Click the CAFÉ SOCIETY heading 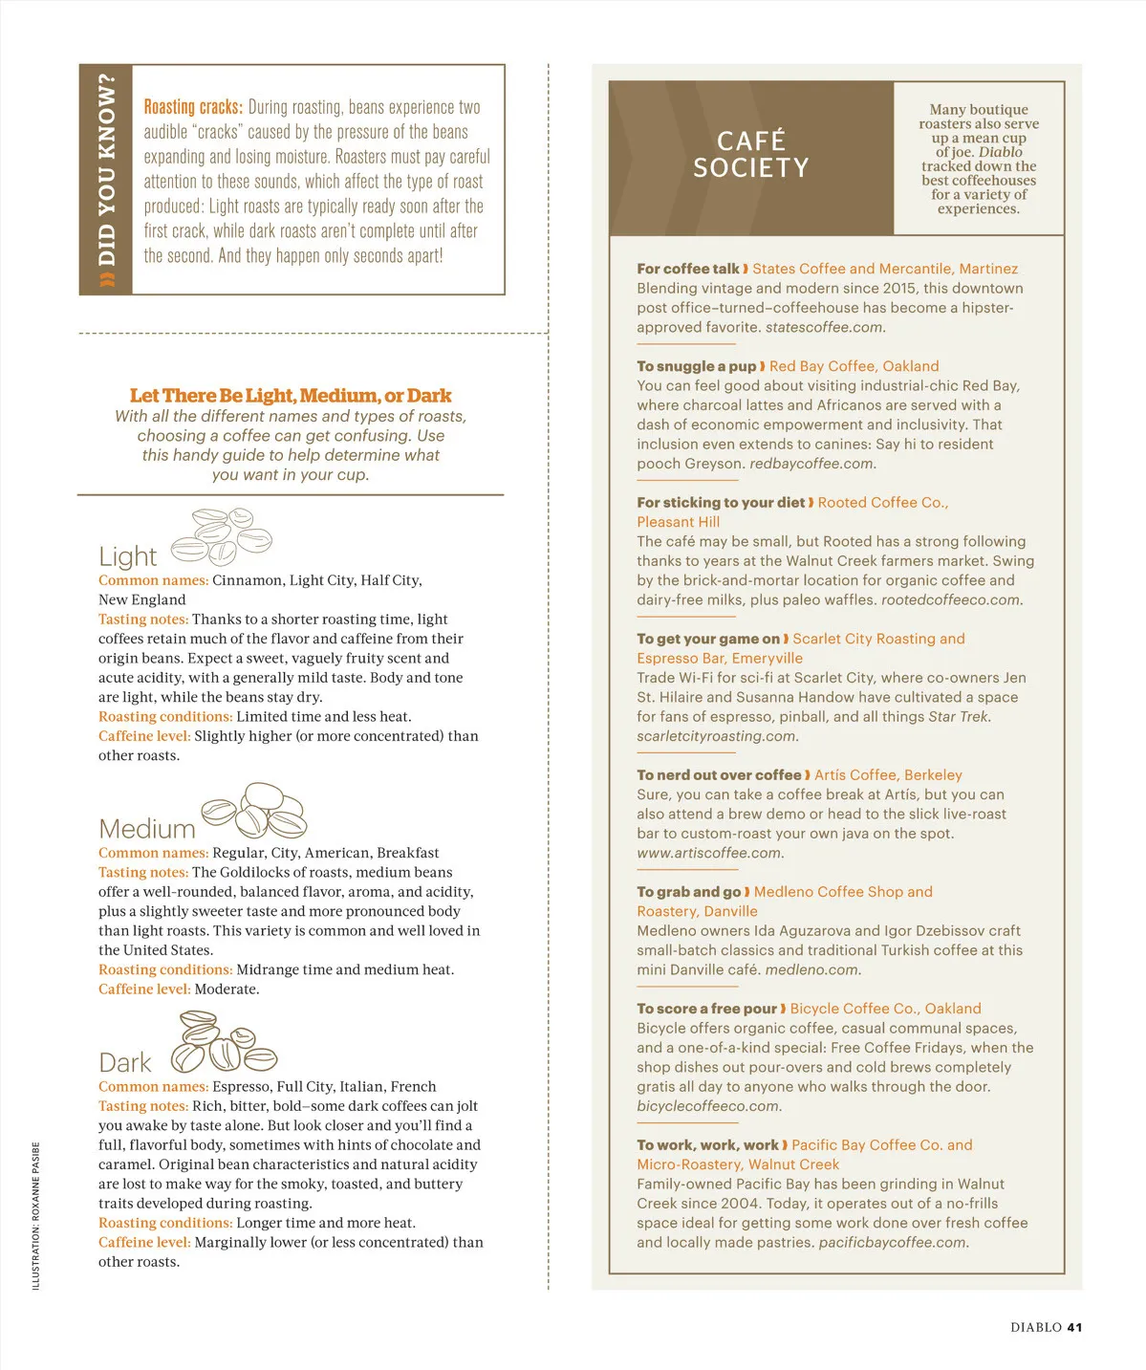[751, 155]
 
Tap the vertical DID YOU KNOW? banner [106, 180]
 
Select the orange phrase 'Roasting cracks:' [193, 107]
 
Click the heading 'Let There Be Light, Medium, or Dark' [291, 395]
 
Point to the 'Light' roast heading [127, 556]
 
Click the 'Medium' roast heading [146, 829]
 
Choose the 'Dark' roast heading [125, 1063]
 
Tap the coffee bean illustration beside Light [223, 537]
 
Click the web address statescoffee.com [825, 327]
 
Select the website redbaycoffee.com [811, 464]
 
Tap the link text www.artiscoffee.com [709, 853]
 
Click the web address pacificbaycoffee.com [893, 1243]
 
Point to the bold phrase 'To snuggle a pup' [696, 366]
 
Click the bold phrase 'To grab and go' [688, 892]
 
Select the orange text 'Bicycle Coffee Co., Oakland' [885, 1009]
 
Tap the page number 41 [1074, 1327]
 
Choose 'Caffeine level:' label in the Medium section [144, 989]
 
